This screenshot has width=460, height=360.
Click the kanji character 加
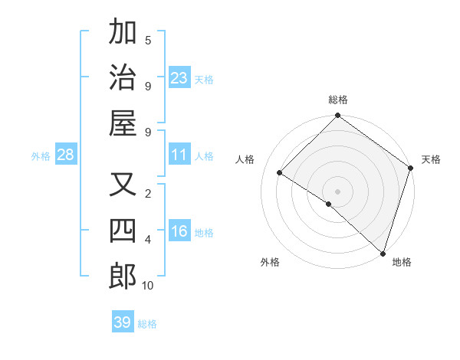(x=123, y=33)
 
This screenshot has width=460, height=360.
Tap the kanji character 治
(x=123, y=77)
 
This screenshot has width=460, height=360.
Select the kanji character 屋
(x=123, y=123)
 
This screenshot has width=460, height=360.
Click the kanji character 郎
(x=123, y=277)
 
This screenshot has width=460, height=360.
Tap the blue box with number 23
(x=179, y=78)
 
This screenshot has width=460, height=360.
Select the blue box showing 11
(x=179, y=155)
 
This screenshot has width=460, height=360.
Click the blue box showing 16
(x=179, y=232)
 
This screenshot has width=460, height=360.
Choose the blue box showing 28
(x=66, y=155)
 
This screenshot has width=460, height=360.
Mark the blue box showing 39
(x=123, y=322)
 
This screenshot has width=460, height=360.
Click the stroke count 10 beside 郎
(x=148, y=286)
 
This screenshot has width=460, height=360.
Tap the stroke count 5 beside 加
(x=148, y=40)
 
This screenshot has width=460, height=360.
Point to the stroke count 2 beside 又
(x=148, y=193)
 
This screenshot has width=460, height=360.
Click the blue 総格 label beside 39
(x=147, y=324)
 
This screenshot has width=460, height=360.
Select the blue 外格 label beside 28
(x=41, y=156)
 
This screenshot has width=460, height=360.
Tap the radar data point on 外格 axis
(x=329, y=204)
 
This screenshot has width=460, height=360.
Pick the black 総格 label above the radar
(x=338, y=100)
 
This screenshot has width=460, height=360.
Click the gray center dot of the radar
(x=338, y=191)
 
